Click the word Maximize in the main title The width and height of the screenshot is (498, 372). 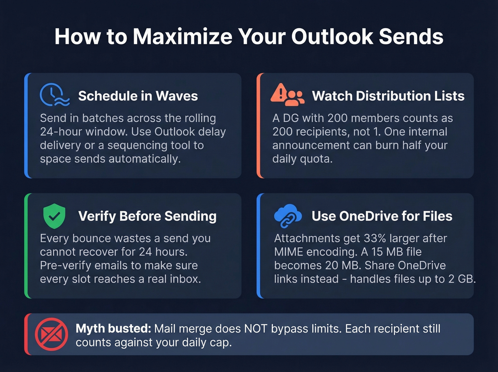click(x=182, y=37)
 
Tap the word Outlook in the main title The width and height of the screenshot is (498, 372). click(x=332, y=37)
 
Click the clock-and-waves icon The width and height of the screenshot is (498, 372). click(x=54, y=95)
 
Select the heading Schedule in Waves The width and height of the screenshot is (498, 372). click(x=138, y=96)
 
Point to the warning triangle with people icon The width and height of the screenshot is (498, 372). click(x=287, y=95)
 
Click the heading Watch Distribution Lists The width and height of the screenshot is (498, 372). click(x=388, y=96)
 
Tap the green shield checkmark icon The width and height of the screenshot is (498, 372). click(x=54, y=216)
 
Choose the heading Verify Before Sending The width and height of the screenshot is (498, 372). click(x=147, y=216)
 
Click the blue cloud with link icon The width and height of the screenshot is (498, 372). click(x=287, y=216)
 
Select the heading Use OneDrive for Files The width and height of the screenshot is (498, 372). click(x=382, y=216)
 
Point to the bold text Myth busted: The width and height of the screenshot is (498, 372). click(x=113, y=329)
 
